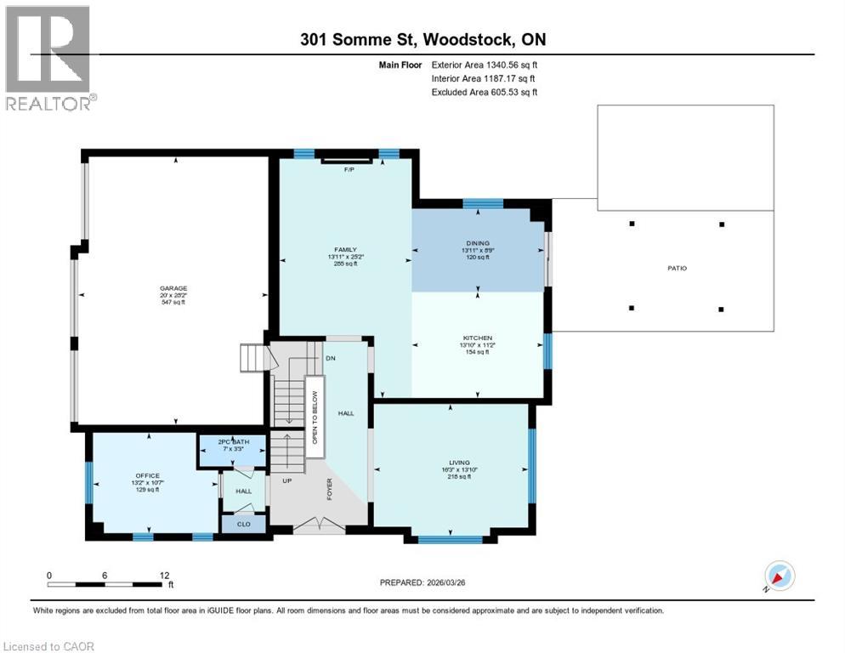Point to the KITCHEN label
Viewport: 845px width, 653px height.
478,338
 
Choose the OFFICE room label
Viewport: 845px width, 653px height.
147,475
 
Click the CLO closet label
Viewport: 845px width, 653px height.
243,525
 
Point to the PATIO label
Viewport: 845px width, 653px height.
678,269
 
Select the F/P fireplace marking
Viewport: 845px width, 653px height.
348,170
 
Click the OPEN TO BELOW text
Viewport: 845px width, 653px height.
314,417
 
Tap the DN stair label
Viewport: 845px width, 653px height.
330,358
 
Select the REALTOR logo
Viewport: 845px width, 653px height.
48,58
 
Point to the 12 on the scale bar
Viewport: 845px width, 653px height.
162,575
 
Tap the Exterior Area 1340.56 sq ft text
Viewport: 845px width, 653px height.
485,64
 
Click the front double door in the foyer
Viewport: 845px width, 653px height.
319,526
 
